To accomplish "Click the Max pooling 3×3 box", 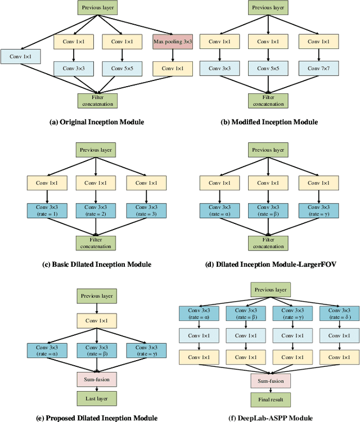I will (x=173, y=42).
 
